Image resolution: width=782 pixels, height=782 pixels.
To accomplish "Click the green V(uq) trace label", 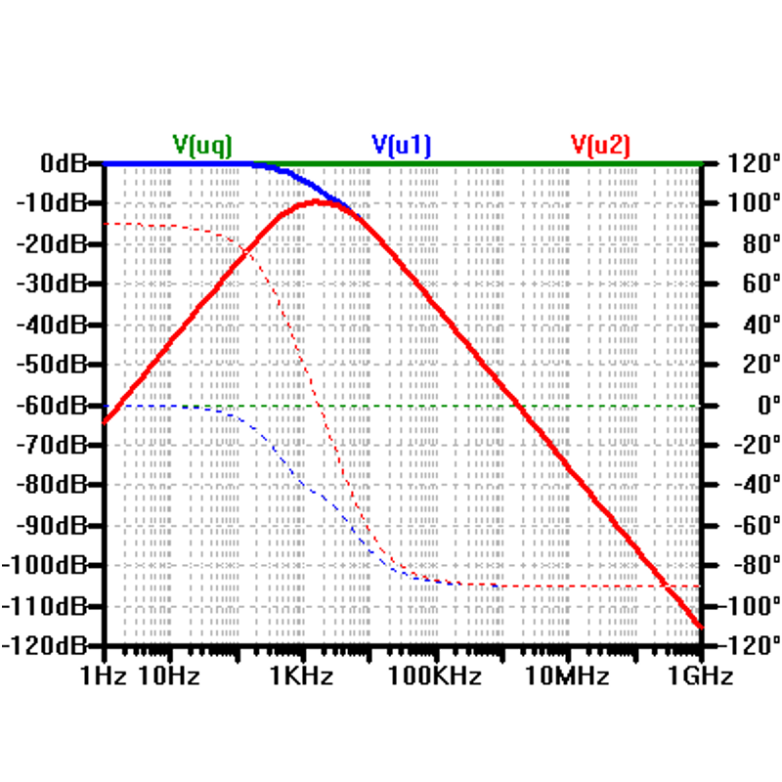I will pyautogui.click(x=202, y=146).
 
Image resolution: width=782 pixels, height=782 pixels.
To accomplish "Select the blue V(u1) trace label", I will pyautogui.click(x=401, y=146).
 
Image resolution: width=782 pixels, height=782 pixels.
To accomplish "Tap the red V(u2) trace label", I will pyautogui.click(x=600, y=146).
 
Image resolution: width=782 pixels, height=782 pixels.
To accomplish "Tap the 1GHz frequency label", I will pyautogui.click(x=701, y=676).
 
